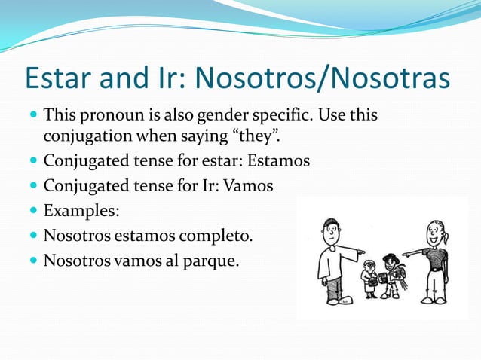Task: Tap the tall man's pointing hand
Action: pyautogui.click(x=360, y=252)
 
